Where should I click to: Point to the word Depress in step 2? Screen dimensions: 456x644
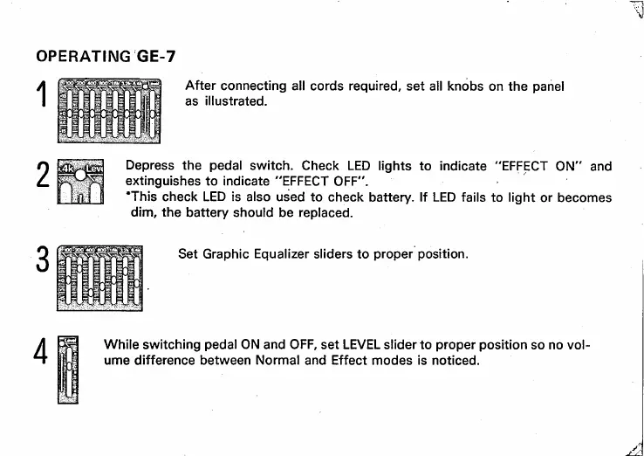(x=152, y=165)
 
